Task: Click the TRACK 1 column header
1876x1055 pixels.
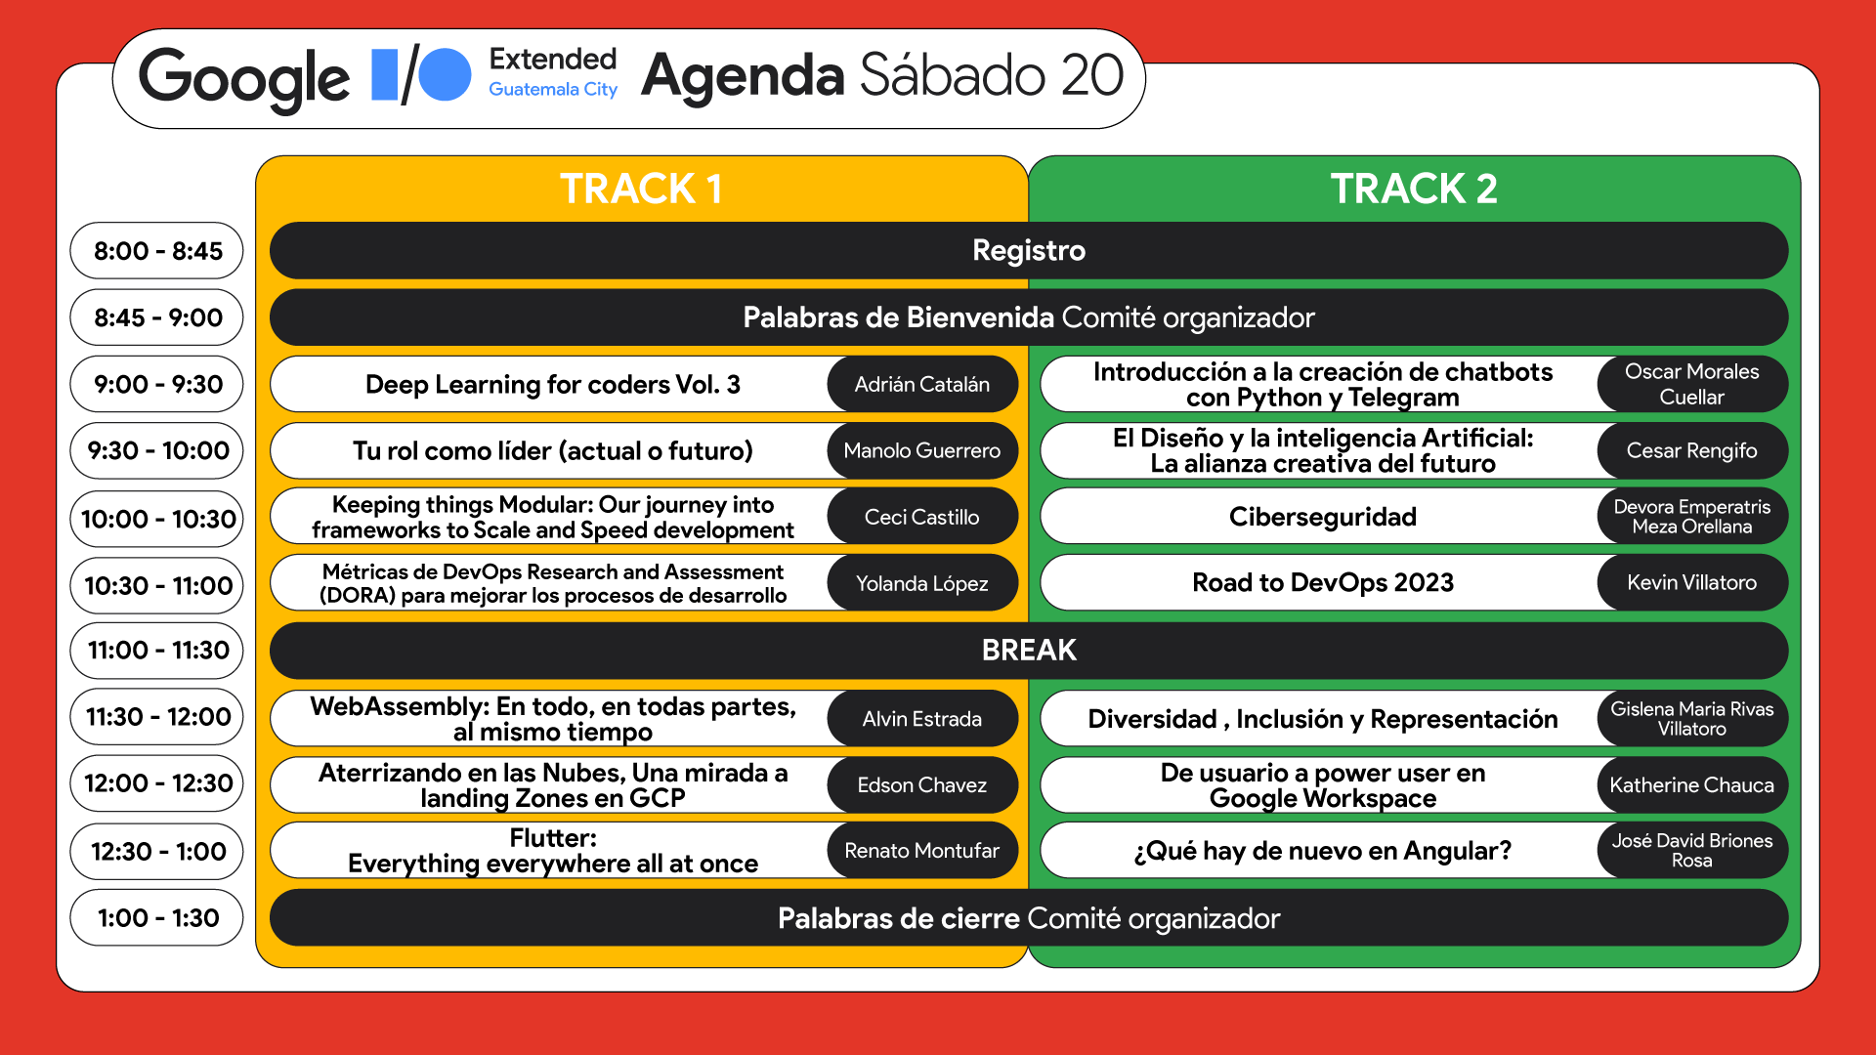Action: point(641,189)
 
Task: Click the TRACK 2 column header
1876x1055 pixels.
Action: point(1414,189)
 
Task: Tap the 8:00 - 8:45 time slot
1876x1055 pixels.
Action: point(157,251)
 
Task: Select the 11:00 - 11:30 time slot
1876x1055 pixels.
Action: point(157,651)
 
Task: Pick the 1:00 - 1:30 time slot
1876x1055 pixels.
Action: point(157,918)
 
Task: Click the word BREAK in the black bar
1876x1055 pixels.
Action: point(1029,651)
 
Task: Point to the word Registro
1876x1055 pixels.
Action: point(1029,251)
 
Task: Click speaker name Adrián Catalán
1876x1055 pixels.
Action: point(921,385)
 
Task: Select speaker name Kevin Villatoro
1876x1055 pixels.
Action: point(1691,583)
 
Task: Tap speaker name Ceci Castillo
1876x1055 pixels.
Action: point(921,517)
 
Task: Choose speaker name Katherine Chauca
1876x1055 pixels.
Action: point(1691,785)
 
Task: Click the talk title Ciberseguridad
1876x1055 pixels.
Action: point(1322,517)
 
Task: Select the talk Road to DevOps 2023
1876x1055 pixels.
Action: point(1322,583)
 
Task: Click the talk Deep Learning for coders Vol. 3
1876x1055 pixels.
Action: point(552,385)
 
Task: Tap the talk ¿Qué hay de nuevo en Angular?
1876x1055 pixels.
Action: point(1322,851)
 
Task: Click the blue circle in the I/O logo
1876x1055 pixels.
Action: point(446,75)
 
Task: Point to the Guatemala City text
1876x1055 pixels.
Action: point(553,90)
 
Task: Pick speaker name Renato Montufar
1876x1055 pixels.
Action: point(921,851)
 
